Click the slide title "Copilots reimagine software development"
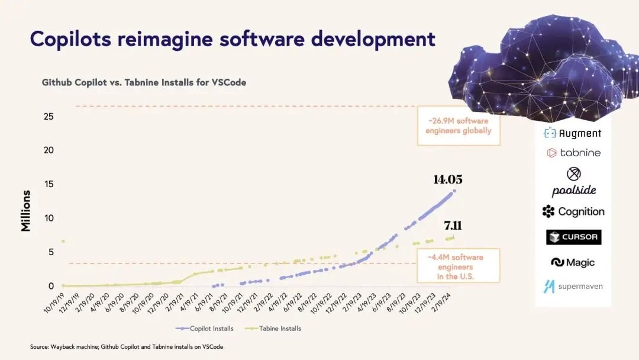233,39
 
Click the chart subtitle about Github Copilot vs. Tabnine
144,82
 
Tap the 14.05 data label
447,180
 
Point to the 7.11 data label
453,226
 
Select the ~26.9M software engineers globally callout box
459,126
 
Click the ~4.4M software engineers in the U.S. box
459,266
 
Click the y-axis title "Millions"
26,211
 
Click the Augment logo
572,133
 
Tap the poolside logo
573,182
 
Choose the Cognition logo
573,211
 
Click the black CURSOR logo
573,237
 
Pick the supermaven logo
573,287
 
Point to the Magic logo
573,262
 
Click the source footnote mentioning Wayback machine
127,346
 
